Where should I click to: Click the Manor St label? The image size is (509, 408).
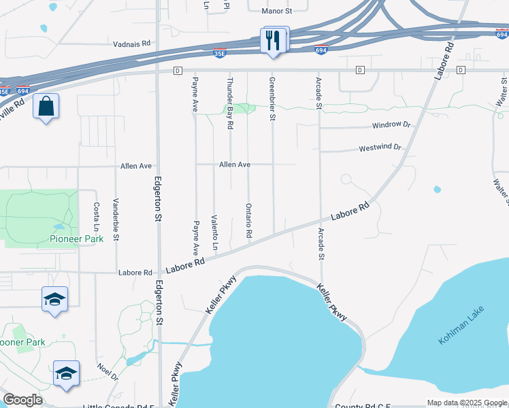coord(277,11)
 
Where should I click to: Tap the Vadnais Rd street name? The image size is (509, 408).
coord(132,44)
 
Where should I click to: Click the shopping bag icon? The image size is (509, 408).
coord(46,107)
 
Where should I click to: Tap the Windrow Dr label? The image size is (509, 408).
coord(391,126)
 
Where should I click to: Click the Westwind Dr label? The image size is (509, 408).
coord(380,148)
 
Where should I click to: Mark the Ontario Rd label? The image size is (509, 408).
coord(249,220)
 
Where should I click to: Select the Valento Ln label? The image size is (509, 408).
coord(214,231)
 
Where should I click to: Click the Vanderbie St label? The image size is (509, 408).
coord(116,219)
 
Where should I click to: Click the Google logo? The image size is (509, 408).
coord(22,401)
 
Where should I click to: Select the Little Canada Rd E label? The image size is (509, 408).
coord(118,407)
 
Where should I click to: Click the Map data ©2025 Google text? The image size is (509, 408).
coord(466,403)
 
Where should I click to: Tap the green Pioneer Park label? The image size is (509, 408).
coord(75,239)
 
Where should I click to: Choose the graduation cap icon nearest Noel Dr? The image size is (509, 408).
coord(66,373)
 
